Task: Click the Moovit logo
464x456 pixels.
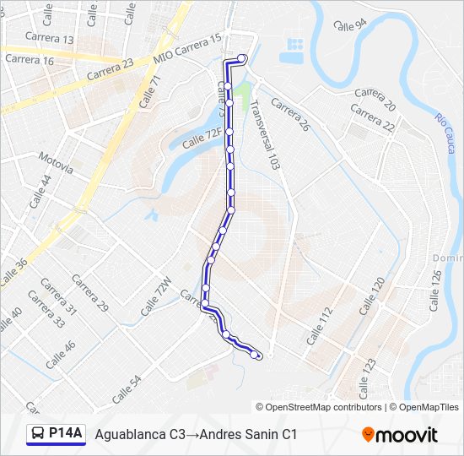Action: pos(400,435)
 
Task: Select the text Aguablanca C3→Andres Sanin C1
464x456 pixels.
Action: pos(197,435)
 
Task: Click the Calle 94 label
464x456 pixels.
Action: pos(350,25)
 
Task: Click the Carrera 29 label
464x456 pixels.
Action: pos(90,294)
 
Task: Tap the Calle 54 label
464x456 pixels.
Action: pos(127,388)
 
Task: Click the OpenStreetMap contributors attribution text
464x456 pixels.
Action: pos(319,407)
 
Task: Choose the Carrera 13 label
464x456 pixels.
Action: pos(50,39)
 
